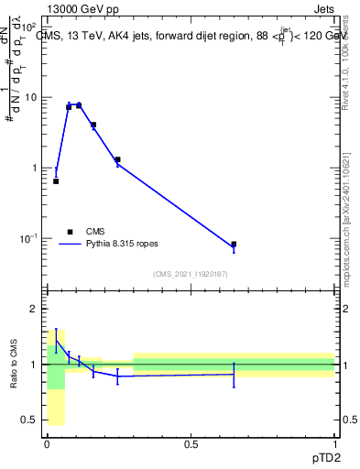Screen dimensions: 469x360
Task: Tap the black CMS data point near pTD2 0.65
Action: (234, 245)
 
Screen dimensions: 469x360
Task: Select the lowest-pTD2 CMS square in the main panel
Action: (56, 181)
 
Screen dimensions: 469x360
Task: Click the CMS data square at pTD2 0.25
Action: (118, 159)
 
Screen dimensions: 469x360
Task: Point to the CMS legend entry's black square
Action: (69, 232)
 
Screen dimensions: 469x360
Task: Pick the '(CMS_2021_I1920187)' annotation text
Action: (191, 274)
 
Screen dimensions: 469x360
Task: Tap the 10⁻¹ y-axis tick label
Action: (29, 239)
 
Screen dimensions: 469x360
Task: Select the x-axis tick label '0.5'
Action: (191, 444)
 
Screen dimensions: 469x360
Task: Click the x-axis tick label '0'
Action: (47, 444)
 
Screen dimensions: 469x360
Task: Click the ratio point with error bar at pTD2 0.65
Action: (234, 374)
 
